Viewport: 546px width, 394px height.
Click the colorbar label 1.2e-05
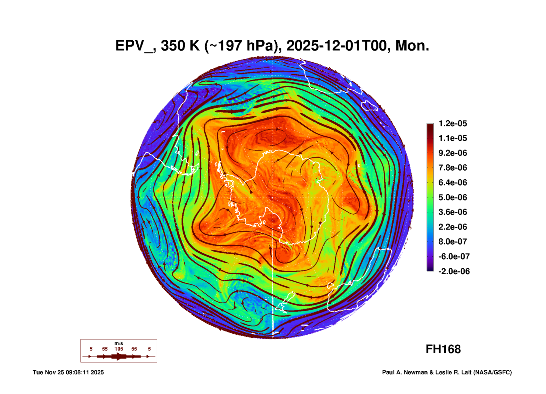click(452, 123)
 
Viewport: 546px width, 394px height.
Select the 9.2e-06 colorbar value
click(452, 153)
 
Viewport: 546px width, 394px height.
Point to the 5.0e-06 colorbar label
click(452, 197)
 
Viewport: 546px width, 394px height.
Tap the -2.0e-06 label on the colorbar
click(454, 271)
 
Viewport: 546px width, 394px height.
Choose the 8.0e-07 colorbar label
click(452, 242)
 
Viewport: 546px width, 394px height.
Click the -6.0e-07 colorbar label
click(454, 256)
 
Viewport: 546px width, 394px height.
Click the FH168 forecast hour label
click(443, 349)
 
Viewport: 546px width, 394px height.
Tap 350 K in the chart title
click(180, 46)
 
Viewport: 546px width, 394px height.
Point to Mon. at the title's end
click(412, 46)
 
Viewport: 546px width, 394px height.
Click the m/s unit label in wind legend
click(119, 344)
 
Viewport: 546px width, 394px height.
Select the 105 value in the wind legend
click(119, 349)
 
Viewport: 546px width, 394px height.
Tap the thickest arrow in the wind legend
click(119, 356)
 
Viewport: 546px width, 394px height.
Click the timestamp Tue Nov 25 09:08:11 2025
click(68, 373)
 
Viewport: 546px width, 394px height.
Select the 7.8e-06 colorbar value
click(452, 168)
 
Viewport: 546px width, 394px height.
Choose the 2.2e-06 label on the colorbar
click(452, 227)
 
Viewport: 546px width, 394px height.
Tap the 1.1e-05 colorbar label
click(452, 138)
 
